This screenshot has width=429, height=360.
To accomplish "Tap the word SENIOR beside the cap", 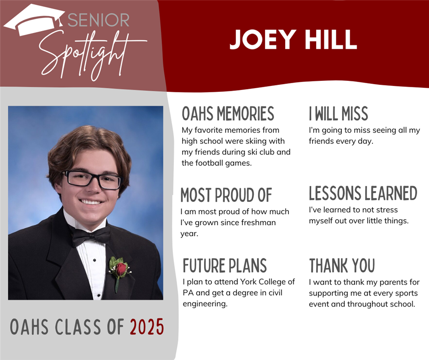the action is [x=99, y=20].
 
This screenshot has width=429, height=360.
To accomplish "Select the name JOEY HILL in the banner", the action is [x=293, y=39].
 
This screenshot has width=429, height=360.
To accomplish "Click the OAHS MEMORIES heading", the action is [x=228, y=113].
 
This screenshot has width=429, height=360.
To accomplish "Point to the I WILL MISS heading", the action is [x=339, y=113].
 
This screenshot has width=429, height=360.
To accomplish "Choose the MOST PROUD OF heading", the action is [x=226, y=195].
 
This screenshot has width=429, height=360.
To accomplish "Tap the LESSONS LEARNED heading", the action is [x=363, y=193].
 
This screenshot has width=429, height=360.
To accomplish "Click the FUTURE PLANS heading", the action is [x=225, y=265].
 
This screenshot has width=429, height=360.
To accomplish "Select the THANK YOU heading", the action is [x=342, y=265].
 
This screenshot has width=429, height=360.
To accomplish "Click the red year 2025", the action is [x=147, y=327].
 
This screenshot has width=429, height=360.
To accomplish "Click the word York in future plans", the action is [x=248, y=281].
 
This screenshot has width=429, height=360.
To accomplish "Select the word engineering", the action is [x=205, y=304].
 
